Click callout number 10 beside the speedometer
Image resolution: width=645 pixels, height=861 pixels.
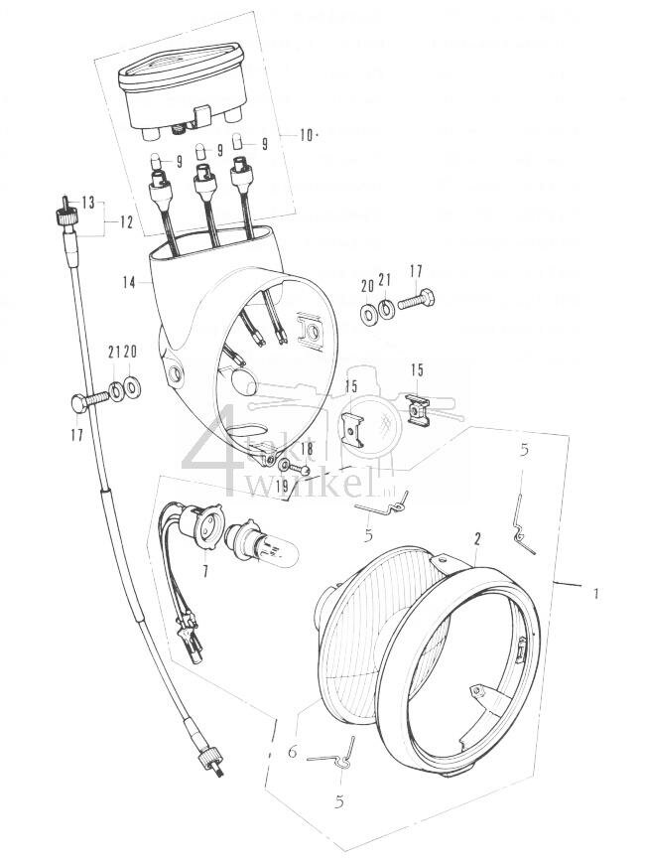[x=306, y=135]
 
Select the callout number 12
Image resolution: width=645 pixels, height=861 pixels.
[x=126, y=221]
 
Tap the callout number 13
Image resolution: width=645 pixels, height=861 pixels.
[x=88, y=203]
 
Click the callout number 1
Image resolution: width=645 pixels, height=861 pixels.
[x=595, y=593]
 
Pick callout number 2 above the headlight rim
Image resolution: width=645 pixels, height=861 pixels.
[x=477, y=539]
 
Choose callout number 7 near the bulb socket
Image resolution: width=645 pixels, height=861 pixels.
[x=205, y=573]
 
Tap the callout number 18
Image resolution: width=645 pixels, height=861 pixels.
[x=306, y=451]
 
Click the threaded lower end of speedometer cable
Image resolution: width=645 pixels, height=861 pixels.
[x=213, y=762]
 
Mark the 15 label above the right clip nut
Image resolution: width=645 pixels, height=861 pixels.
[x=417, y=369]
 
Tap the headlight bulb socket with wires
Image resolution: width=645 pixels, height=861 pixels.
[x=206, y=528]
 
